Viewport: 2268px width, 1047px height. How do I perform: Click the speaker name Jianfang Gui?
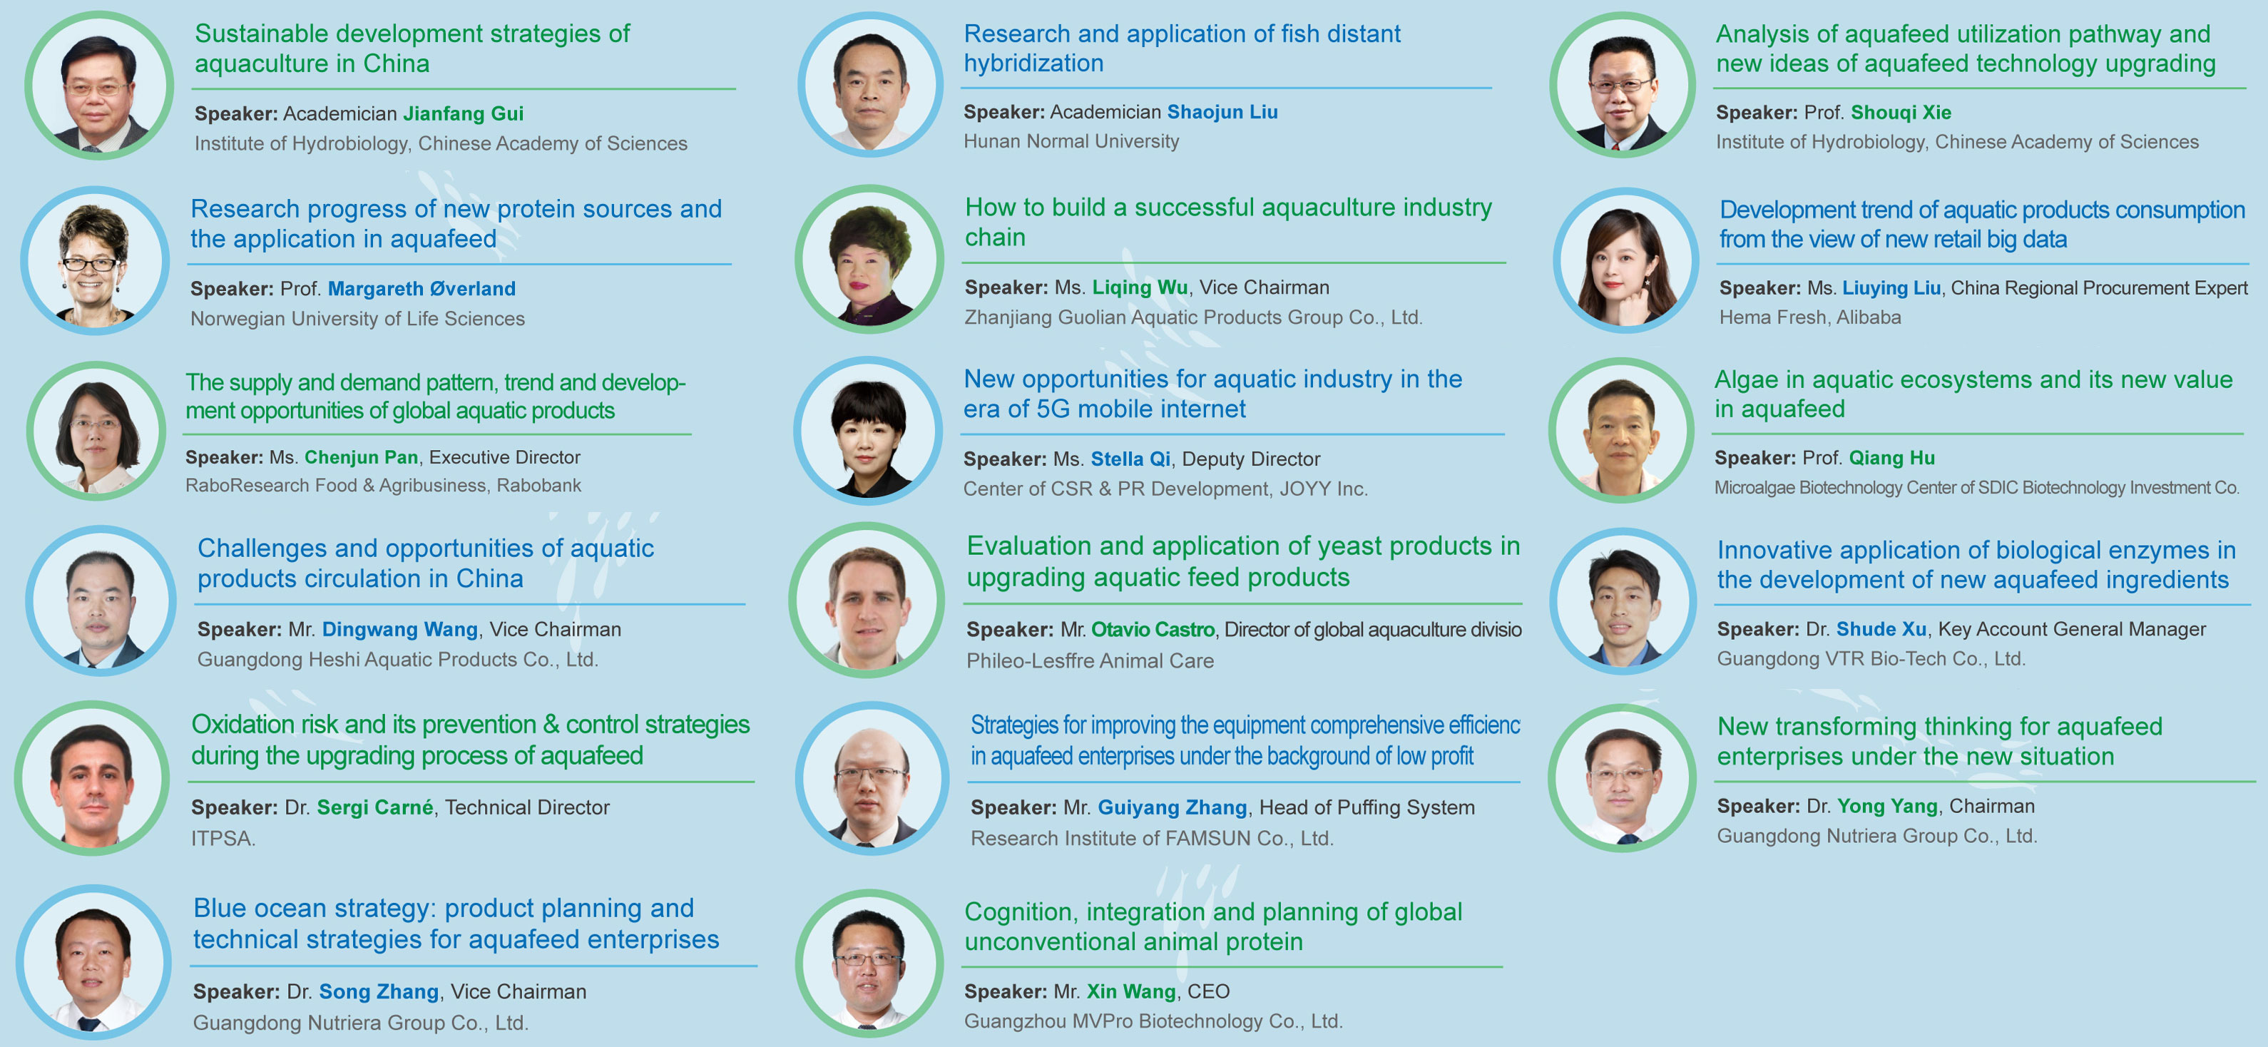[463, 113]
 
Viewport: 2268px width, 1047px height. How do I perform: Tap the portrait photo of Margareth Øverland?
[95, 260]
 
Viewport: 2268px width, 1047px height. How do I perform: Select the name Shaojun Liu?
[1222, 112]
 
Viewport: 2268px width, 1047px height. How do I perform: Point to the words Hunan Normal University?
[1071, 141]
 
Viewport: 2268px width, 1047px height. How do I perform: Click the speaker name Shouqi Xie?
[1901, 113]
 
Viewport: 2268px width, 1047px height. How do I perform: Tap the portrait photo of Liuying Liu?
[1625, 260]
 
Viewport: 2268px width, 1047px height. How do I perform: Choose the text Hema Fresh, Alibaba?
[1810, 317]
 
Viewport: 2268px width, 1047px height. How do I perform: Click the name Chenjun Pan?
[361, 457]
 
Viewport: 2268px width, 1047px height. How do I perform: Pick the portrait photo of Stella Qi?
[868, 431]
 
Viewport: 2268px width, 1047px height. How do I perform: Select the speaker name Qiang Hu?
[1891, 458]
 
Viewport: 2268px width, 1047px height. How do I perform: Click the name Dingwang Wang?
[399, 630]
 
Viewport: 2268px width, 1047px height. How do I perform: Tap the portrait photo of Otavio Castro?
[867, 600]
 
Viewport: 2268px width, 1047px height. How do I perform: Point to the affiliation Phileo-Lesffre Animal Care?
[1090, 660]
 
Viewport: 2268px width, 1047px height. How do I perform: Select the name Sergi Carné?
[375, 807]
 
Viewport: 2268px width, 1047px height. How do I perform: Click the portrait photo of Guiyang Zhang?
[872, 778]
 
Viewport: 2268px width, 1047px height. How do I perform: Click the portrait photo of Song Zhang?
[93, 961]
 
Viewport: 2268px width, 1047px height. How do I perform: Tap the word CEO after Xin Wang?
[1208, 991]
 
